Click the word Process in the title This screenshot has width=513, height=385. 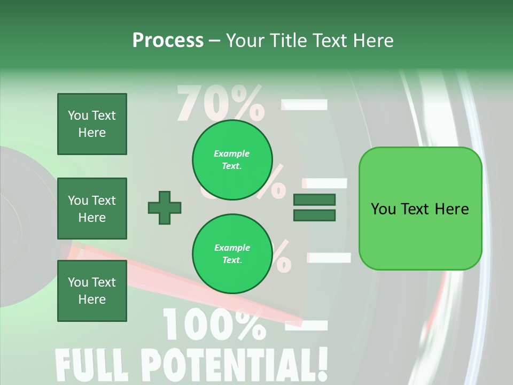coord(168,41)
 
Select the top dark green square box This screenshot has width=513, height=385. coord(92,124)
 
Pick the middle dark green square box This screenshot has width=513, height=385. coord(92,209)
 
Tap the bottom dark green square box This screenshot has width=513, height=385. coord(92,291)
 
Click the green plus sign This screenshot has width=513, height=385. coord(165,207)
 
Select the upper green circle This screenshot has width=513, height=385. coord(232,160)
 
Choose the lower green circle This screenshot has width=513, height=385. coord(232,254)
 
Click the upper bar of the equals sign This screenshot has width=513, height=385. coord(314,200)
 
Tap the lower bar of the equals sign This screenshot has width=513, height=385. coord(314,215)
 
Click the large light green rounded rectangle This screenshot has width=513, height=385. coord(420,209)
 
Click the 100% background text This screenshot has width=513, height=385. coord(214,324)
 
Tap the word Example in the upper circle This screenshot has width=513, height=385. coord(231,153)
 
